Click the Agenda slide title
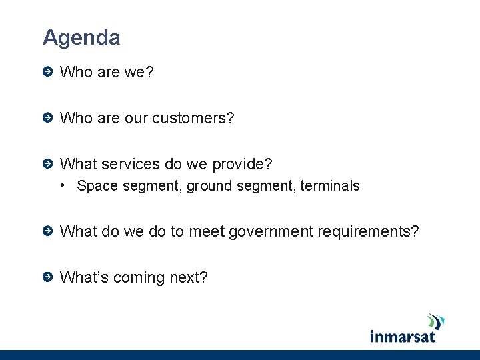pyautogui.click(x=81, y=37)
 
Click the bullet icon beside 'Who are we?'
pyautogui.click(x=47, y=71)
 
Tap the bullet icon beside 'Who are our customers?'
pyautogui.click(x=47, y=118)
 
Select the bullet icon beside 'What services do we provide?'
pyautogui.click(x=47, y=164)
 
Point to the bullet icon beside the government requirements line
pyautogui.click(x=47, y=231)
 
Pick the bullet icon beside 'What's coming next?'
pyautogui.click(x=47, y=277)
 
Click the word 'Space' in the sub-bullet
pyautogui.click(x=97, y=186)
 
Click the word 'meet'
pyautogui.click(x=207, y=231)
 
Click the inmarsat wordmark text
pyautogui.click(x=403, y=335)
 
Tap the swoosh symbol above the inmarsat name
pyautogui.click(x=435, y=321)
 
